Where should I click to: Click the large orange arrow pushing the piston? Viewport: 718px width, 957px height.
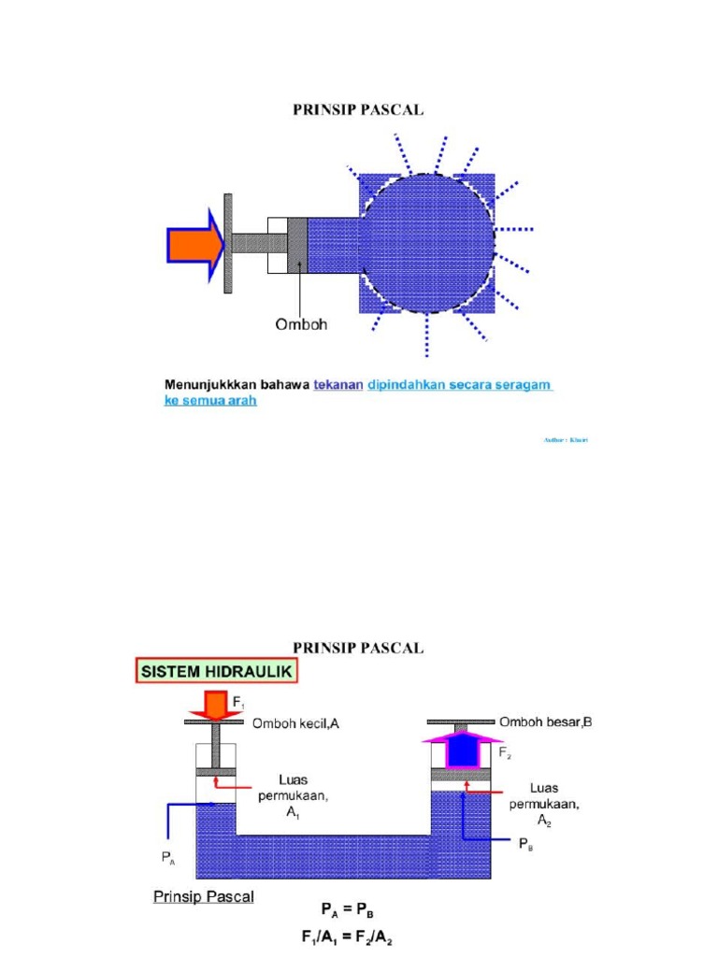click(x=194, y=245)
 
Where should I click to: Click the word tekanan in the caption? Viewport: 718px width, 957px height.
click(x=337, y=385)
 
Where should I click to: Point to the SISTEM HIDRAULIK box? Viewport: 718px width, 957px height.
click(x=214, y=671)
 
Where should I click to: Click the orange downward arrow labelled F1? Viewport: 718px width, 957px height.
click(x=214, y=704)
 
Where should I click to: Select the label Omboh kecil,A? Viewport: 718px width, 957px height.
click(x=298, y=722)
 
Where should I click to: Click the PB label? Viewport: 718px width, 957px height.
click(x=528, y=843)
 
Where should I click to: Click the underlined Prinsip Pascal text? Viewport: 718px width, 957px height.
click(x=204, y=897)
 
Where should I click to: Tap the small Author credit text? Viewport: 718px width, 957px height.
click(x=567, y=439)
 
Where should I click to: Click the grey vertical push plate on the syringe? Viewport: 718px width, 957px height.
click(x=227, y=243)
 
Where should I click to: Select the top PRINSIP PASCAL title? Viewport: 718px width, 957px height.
click(x=359, y=109)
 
